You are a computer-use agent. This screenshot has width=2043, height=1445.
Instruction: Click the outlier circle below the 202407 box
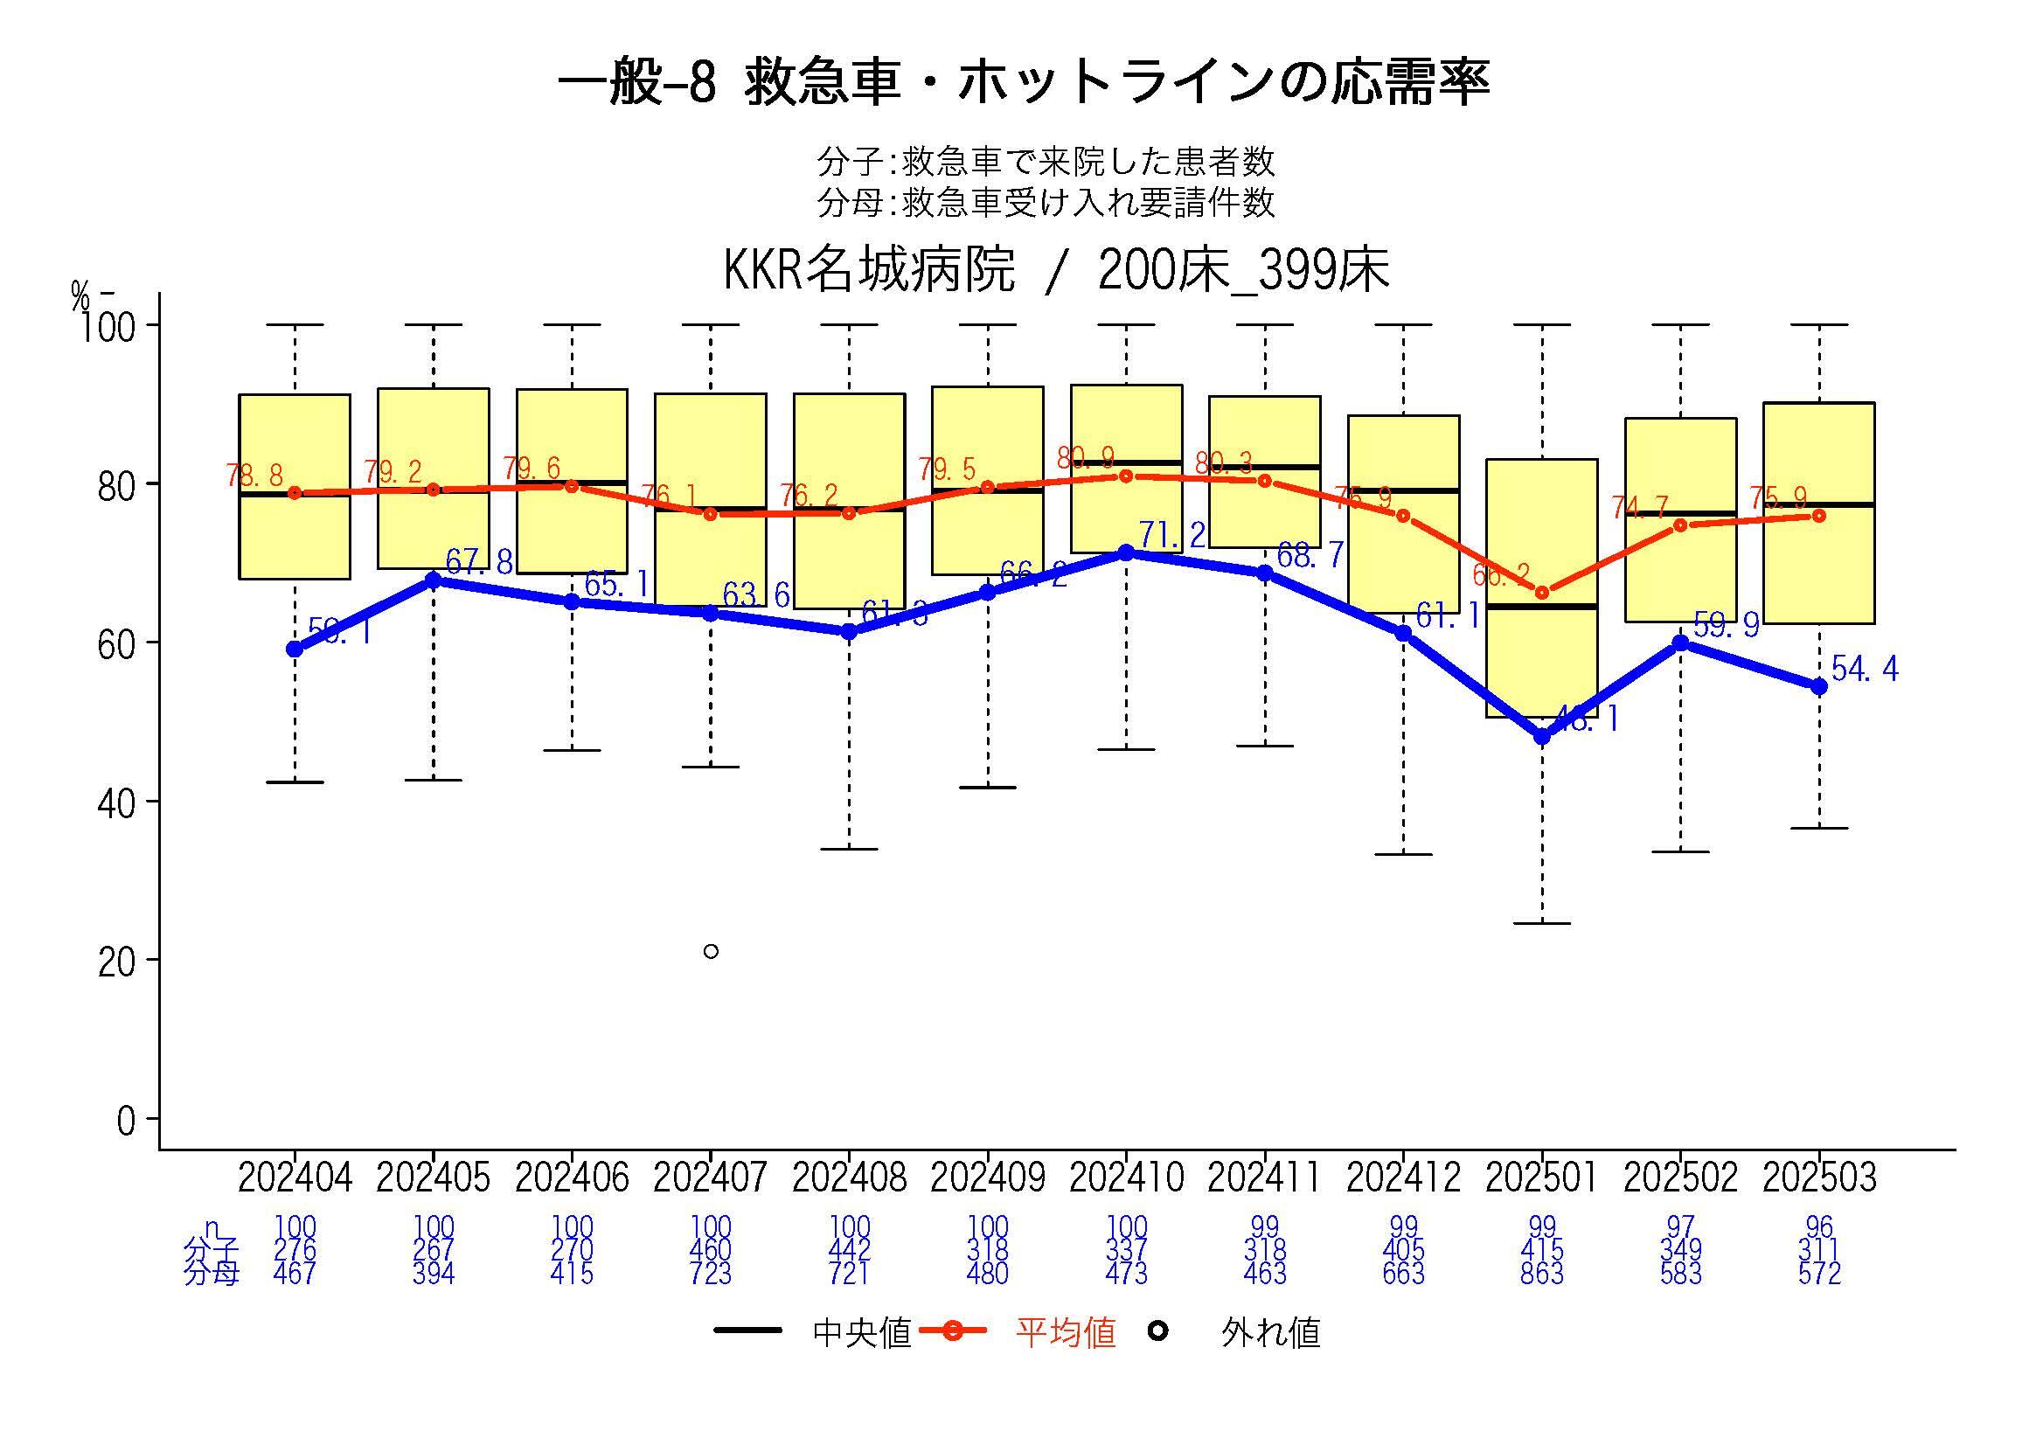coord(710,951)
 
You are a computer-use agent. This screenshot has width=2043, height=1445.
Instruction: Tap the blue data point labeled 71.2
coord(1126,552)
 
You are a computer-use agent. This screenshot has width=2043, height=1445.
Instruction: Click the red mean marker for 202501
coord(1542,593)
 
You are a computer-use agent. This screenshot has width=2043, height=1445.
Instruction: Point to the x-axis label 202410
coord(1126,1178)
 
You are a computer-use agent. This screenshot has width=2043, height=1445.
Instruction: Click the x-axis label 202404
coord(295,1178)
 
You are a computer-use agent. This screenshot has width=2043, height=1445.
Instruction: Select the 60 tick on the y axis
coord(116,643)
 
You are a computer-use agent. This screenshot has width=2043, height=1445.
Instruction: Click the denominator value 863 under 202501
coord(1542,1274)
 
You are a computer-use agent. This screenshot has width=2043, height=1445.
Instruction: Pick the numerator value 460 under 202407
coord(710,1250)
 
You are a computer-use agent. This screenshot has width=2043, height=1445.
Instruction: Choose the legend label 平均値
coord(1065,1333)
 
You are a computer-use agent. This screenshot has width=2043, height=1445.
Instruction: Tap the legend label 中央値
coord(861,1333)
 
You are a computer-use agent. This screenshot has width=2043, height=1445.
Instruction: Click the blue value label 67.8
coord(479,561)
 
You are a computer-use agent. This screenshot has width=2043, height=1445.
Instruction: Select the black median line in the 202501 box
coord(1542,606)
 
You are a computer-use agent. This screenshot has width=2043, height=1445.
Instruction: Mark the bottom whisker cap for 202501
coord(1542,924)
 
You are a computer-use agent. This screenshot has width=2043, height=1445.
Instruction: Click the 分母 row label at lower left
coord(211,1274)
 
